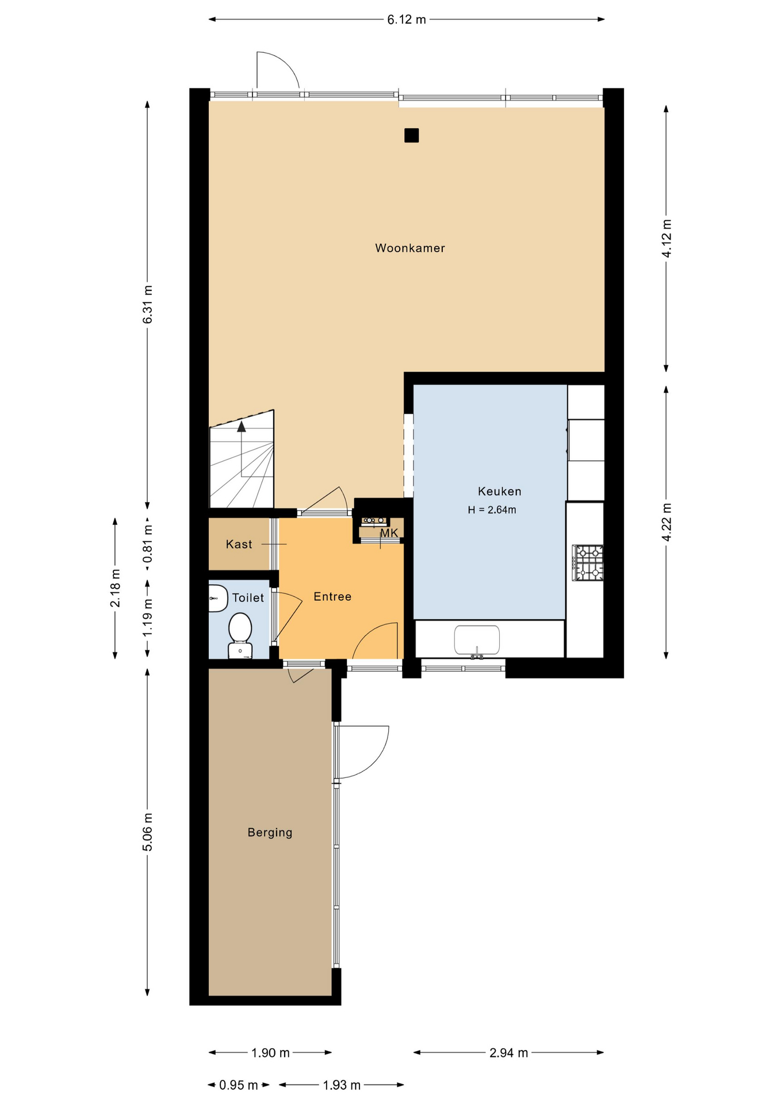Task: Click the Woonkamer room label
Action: click(x=409, y=248)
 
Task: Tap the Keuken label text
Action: click(x=499, y=491)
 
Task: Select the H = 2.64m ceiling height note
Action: click(x=492, y=509)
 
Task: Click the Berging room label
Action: click(x=270, y=833)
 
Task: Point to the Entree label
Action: click(x=332, y=596)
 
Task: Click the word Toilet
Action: click(x=248, y=597)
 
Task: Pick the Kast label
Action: click(x=239, y=544)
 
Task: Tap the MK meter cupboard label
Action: click(x=389, y=533)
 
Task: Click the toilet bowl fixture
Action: click(x=240, y=635)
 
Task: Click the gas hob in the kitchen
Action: click(x=587, y=563)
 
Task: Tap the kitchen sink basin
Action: click(x=477, y=640)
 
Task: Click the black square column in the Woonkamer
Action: click(x=411, y=135)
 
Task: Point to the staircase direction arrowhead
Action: click(x=242, y=427)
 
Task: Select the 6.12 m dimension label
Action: click(x=407, y=20)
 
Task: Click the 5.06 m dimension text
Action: click(x=148, y=831)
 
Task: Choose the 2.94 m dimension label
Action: click(x=509, y=1053)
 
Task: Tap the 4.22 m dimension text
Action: click(x=667, y=522)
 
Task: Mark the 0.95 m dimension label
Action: click(x=239, y=1085)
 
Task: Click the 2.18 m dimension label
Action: click(x=116, y=588)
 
